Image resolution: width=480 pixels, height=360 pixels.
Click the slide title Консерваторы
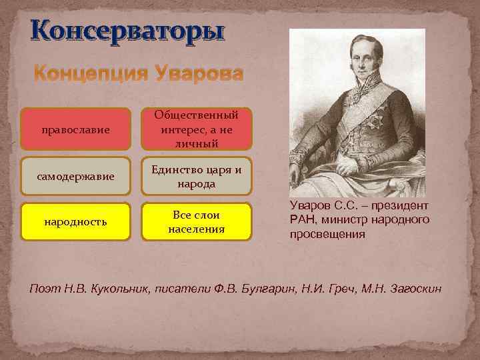point(127,32)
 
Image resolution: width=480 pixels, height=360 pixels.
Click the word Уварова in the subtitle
point(199,73)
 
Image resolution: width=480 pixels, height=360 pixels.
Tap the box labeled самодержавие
point(74,177)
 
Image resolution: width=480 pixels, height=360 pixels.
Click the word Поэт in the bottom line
point(43,287)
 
